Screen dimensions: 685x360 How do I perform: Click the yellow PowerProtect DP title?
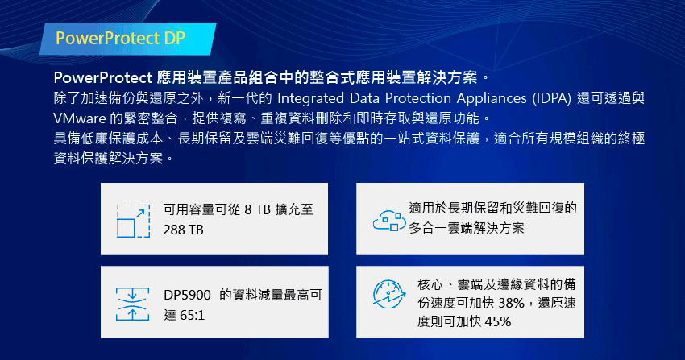[120, 39]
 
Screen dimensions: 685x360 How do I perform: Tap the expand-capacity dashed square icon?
[133, 221]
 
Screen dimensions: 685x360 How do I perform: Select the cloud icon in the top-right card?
[388, 221]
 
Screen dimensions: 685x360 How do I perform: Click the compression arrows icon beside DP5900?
[132, 304]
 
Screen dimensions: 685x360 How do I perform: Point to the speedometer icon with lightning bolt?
[388, 294]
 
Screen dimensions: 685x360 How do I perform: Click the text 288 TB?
[183, 230]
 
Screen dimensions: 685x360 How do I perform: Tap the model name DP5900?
[187, 296]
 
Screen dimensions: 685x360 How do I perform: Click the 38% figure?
[512, 303]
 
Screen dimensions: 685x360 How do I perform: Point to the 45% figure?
[498, 321]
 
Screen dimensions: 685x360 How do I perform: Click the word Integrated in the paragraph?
[310, 98]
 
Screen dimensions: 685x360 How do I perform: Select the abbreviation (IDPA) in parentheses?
[552, 98]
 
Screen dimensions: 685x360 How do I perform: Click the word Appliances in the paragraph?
[492, 98]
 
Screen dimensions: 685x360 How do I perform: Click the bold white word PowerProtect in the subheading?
[102, 77]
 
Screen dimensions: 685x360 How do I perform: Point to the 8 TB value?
[257, 210]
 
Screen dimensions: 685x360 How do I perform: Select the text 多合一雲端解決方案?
[466, 228]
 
